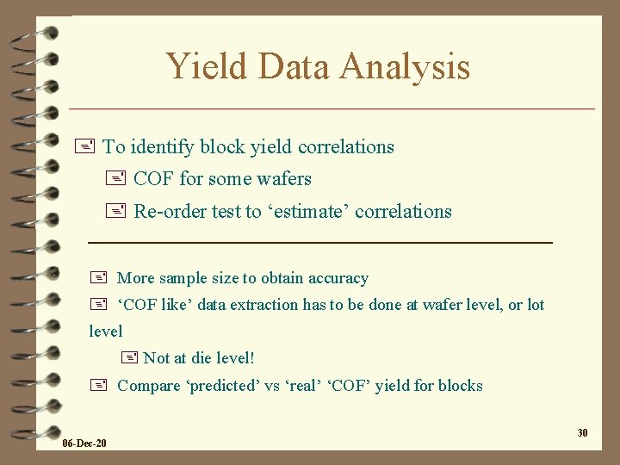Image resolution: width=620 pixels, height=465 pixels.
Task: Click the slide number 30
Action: (582, 432)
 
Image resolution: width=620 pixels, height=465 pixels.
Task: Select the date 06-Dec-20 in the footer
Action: (85, 443)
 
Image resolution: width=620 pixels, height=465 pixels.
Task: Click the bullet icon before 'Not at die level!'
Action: (130, 357)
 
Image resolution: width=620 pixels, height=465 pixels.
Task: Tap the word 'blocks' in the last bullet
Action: (460, 385)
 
